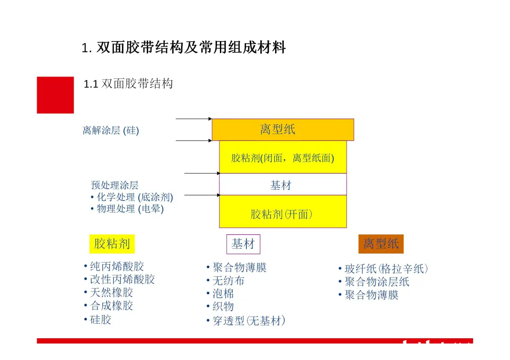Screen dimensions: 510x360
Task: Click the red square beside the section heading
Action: tap(55, 95)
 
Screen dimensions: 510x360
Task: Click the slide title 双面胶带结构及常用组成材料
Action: tap(191, 47)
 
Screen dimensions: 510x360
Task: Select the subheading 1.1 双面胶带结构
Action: tap(128, 84)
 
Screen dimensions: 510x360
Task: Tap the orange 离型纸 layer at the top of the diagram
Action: tap(283, 130)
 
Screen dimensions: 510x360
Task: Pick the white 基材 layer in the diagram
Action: tap(283, 184)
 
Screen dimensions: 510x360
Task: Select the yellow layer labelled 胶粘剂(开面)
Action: tap(283, 212)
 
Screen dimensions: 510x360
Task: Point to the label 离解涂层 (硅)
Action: tap(111, 130)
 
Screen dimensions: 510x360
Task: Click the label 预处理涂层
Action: tap(115, 185)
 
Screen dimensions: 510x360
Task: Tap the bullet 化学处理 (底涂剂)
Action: tap(132, 197)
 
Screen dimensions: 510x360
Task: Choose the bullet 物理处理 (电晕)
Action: tap(127, 209)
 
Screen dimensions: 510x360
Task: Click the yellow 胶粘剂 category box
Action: tap(112, 244)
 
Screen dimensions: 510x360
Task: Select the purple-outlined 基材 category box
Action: tap(243, 244)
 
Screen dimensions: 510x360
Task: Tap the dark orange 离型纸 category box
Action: tap(381, 244)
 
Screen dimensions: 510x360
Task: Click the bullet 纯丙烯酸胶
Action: tap(114, 266)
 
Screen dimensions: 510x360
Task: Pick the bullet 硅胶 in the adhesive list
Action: tap(98, 320)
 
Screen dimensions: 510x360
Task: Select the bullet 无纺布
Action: tap(225, 281)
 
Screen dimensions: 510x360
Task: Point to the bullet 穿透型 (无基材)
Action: tap(246, 321)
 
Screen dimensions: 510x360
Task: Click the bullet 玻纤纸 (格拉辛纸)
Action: tap(383, 269)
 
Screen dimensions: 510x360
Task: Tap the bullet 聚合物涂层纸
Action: tap(374, 282)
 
